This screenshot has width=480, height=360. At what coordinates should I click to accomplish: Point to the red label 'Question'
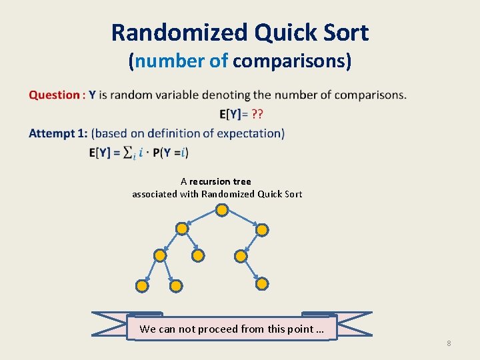point(54,95)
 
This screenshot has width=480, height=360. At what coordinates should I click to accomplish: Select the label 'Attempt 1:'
point(58,133)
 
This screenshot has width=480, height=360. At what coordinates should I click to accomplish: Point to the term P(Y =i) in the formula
point(171,153)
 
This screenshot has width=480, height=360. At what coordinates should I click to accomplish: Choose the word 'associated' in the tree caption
point(155,194)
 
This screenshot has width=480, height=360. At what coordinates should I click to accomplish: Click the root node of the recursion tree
point(222,210)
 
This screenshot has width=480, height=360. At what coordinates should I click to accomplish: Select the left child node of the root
point(181,229)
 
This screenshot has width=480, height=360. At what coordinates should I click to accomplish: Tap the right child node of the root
point(262,230)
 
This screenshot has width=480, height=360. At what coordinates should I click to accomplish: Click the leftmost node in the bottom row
point(142,286)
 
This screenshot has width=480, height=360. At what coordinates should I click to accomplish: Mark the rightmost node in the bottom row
point(262,284)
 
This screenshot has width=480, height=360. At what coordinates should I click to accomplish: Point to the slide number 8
point(449,343)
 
